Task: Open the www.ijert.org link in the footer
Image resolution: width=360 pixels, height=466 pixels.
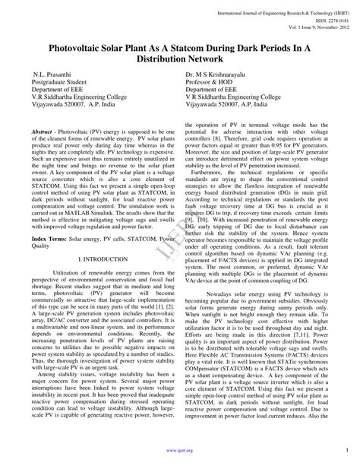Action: (179, 449)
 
